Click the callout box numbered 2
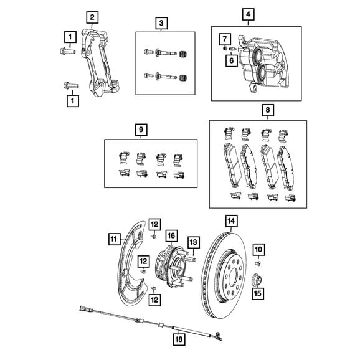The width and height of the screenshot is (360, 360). point(92,17)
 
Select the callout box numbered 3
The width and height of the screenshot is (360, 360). point(161,23)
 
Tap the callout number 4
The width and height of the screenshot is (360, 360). point(248,14)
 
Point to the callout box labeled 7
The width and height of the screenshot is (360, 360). point(225,39)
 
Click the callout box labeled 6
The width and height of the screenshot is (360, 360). point(232,60)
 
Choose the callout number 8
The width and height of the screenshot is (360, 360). point(268,110)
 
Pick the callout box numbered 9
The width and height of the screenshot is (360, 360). point(141,130)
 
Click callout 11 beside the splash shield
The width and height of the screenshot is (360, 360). point(115,239)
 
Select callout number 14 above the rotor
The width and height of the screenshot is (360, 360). point(231,221)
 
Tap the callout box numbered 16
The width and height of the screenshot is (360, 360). point(171,235)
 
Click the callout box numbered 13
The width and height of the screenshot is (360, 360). point(194,242)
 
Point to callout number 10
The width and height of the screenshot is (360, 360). point(258,250)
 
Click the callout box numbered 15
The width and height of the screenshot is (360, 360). point(258,293)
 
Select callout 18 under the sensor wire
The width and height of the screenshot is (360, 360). point(179,339)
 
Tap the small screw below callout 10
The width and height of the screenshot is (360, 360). point(258,263)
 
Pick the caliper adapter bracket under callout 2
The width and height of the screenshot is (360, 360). point(99,63)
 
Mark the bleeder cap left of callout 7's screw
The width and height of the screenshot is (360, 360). point(225,49)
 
